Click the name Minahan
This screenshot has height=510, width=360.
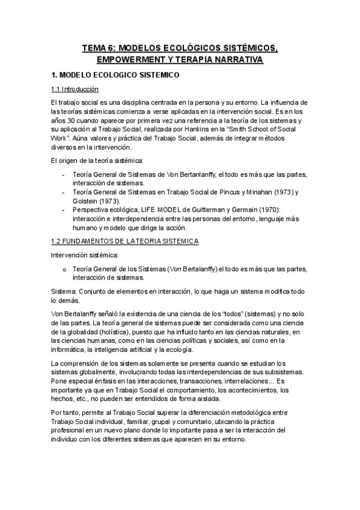coord(264,192)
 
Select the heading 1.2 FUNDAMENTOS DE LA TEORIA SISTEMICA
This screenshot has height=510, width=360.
coord(126,241)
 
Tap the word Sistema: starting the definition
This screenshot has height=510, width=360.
coord(65,290)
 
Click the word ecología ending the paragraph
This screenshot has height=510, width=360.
coord(177,349)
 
